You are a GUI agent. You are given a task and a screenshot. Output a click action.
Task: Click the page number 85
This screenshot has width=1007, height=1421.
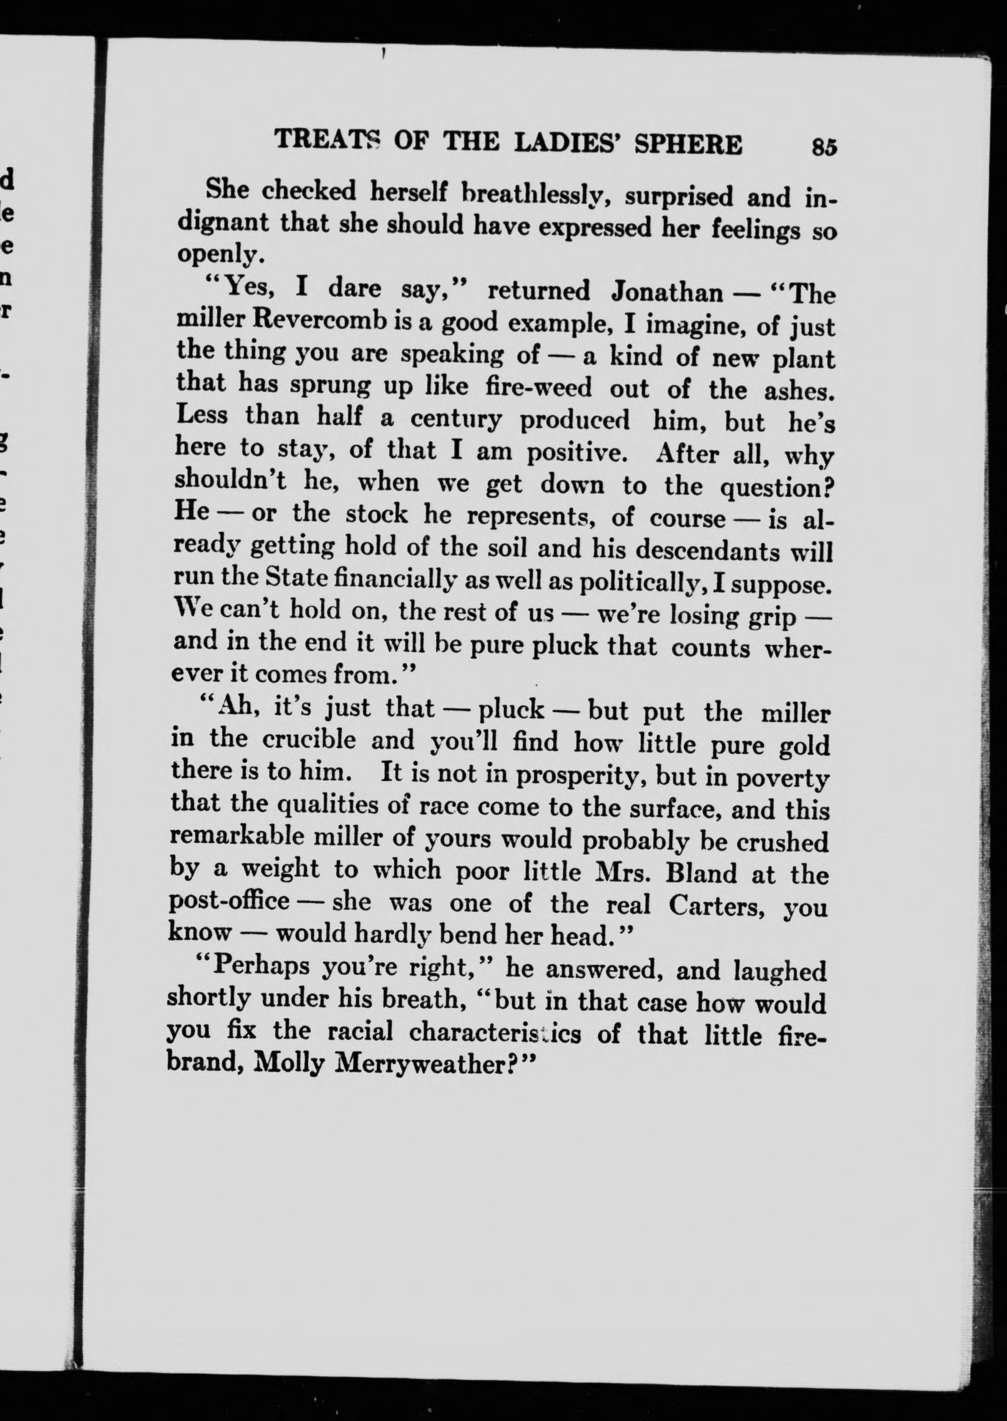(823, 147)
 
